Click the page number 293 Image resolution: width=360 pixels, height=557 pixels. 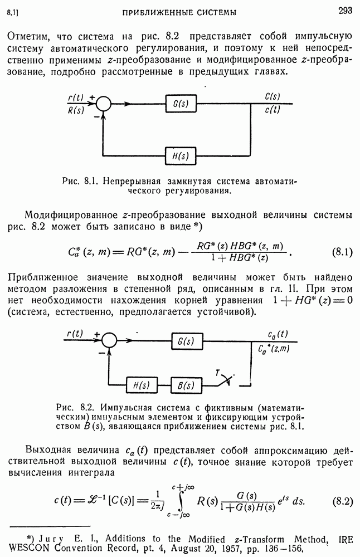(x=345, y=11)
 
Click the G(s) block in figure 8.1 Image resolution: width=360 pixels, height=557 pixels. (x=180, y=104)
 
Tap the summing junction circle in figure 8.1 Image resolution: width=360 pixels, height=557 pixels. (x=104, y=104)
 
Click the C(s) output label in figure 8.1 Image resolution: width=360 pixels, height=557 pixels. (x=273, y=97)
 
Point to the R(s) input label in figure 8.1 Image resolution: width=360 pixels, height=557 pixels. (x=76, y=110)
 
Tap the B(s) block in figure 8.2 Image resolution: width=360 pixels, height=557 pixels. (x=187, y=385)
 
